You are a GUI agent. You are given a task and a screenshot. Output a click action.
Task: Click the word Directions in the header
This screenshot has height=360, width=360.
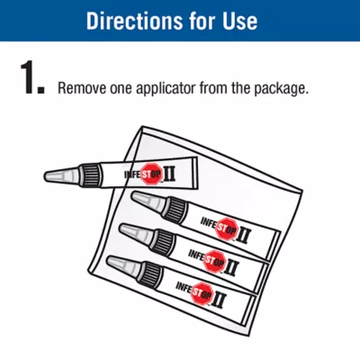coord(135,21)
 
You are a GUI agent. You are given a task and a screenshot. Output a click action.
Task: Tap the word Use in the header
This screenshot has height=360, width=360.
coord(239,21)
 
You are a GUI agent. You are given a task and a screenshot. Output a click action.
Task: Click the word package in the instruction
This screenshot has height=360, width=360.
coord(281,89)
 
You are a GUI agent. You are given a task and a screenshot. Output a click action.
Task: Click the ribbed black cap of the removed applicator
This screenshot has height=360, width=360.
coord(90,175)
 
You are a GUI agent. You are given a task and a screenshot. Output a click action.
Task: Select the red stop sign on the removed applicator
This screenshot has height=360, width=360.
coord(152,174)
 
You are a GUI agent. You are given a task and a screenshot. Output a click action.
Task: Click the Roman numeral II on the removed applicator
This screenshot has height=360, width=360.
coord(169,175)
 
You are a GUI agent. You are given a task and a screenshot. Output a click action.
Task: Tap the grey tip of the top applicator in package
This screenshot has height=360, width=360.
coord(148,202)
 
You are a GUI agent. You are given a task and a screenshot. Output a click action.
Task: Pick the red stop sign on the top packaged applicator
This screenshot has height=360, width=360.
coord(227,229)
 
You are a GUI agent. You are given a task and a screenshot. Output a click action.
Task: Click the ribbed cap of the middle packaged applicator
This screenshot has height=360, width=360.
coord(162,242)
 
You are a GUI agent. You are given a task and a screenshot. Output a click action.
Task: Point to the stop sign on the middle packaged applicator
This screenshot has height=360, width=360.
coord(214,260)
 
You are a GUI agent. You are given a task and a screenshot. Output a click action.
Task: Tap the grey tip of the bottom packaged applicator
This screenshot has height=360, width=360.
coord(123,265)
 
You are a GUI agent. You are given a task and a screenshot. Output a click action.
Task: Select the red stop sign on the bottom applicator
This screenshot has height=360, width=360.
coord(202,293)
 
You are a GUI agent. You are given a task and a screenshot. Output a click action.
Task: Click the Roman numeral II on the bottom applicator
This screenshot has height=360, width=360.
coord(219,301)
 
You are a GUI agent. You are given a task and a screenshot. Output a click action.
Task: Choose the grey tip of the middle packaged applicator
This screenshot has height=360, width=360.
coord(136,232)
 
